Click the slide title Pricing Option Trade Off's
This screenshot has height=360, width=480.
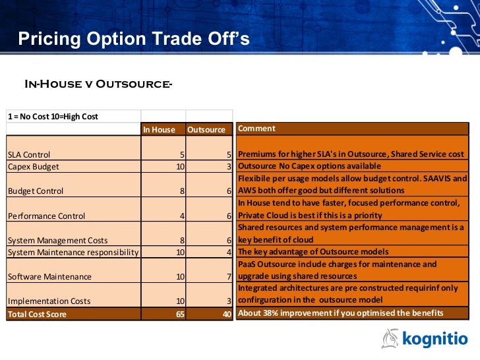[x=134, y=39]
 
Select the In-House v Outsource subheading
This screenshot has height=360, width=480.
[x=98, y=84]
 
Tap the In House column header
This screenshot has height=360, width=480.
[x=160, y=129]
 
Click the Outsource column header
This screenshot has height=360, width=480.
[x=206, y=129]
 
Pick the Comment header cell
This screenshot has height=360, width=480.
[x=257, y=129]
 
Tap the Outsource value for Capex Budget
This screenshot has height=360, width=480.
[x=228, y=166]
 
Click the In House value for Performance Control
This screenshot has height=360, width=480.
[x=181, y=215]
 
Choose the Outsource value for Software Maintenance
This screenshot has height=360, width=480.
[x=228, y=276]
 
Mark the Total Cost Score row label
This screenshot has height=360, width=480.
[x=37, y=314]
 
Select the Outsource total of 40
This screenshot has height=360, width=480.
[x=226, y=314]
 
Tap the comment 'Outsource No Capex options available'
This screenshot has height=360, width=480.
[x=309, y=166]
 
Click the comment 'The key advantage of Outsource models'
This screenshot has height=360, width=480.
[x=313, y=252]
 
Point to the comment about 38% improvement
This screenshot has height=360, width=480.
[x=340, y=313]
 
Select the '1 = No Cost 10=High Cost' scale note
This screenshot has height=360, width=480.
[x=53, y=117]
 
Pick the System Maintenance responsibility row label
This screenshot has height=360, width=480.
[x=73, y=252]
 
